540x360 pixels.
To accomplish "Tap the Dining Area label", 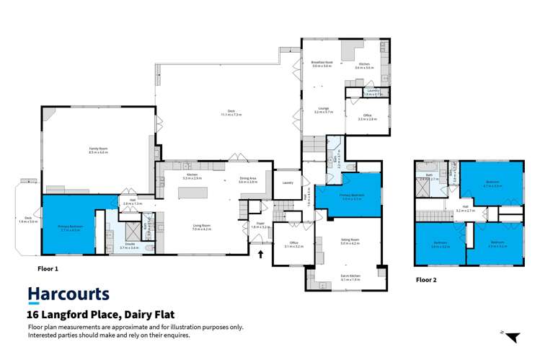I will tap(248, 180).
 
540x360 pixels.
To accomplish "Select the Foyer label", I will tap(261, 224).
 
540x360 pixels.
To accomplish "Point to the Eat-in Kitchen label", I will tap(350, 277).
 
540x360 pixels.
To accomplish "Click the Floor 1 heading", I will tap(47, 268).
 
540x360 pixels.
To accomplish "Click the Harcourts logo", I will tap(68, 294).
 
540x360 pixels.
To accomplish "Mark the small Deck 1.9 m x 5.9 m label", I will tap(27, 219).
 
